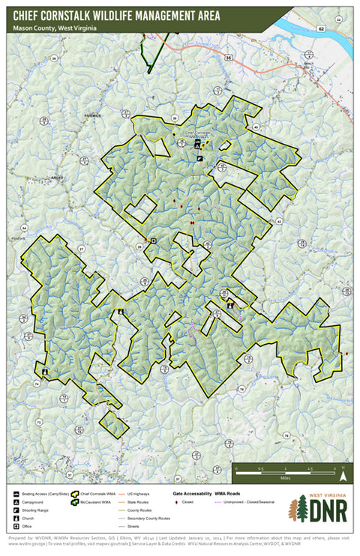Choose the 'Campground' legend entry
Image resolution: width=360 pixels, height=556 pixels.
pos(36,502)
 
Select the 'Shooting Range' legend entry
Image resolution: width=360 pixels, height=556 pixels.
pos(38,510)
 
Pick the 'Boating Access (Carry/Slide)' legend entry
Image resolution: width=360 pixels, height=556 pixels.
pos(45,494)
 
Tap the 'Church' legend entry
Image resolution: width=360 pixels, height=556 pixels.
pos(31,519)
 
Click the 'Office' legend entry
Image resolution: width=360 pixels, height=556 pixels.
pos(31,527)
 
